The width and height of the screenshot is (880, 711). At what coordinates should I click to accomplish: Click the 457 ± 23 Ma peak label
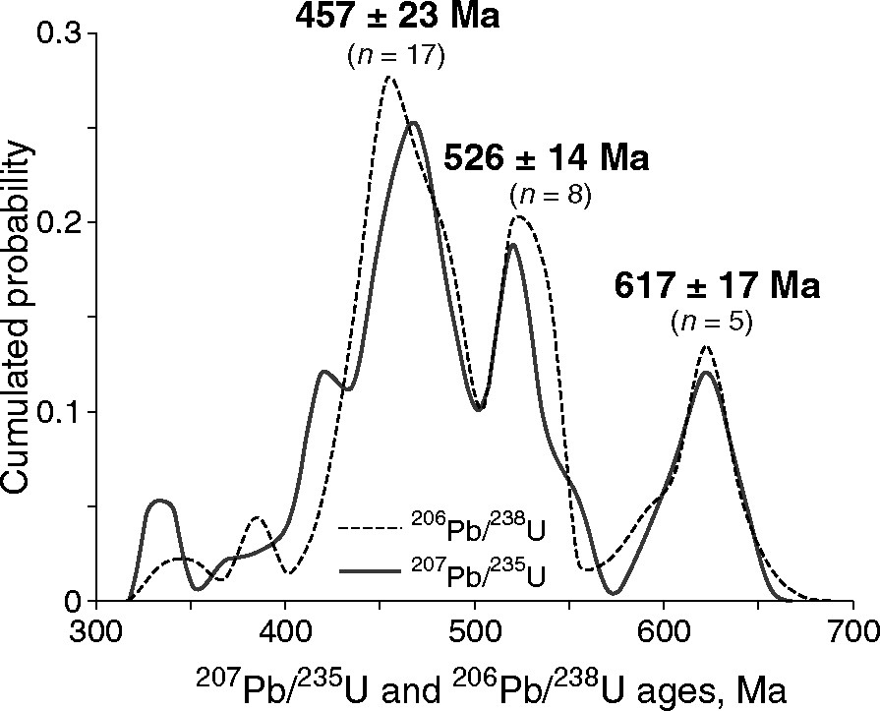396,18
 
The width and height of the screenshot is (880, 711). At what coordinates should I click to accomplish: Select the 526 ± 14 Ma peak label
546,158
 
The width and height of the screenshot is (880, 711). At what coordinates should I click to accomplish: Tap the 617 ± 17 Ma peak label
717,286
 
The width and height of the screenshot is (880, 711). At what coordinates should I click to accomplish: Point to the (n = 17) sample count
396,57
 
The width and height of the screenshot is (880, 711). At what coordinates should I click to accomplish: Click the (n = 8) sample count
550,196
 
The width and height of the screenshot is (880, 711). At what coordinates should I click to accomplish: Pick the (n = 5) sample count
711,323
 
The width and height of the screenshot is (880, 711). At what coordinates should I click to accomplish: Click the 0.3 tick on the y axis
55,34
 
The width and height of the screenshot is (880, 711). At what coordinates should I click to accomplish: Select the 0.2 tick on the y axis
55,223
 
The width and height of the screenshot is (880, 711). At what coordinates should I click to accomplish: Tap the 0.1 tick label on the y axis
55,412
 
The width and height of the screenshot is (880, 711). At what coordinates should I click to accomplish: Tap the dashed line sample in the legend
371,529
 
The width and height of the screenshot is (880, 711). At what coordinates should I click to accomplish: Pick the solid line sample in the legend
371,570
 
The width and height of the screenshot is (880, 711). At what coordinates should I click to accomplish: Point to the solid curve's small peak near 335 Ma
161,501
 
